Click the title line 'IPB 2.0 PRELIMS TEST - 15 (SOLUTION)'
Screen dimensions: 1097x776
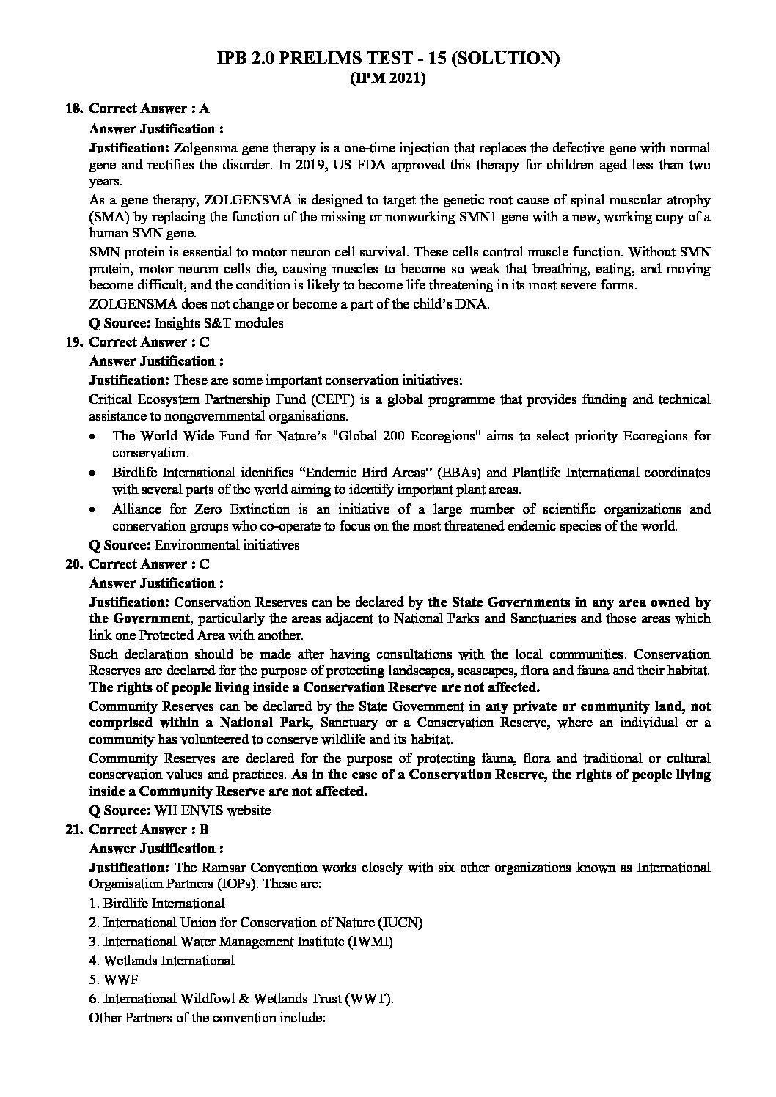pos(388,59)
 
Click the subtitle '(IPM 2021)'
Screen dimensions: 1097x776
pos(387,79)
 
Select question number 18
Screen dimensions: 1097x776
pos(73,108)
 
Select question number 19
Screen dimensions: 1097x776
pos(73,342)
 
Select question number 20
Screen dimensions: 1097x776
pos(73,564)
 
